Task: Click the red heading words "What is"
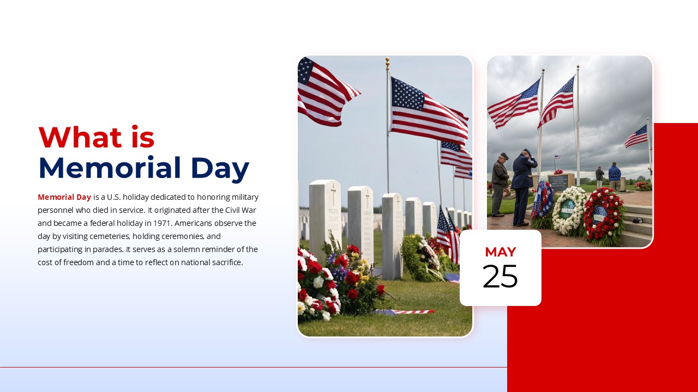pyautogui.click(x=97, y=137)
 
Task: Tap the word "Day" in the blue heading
pyautogui.click(x=220, y=169)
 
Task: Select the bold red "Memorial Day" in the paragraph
pyautogui.click(x=64, y=197)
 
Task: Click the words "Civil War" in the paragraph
pyautogui.click(x=240, y=210)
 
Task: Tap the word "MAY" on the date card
pyautogui.click(x=500, y=252)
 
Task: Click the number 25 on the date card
pyautogui.click(x=500, y=277)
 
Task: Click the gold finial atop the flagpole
pyautogui.click(x=388, y=62)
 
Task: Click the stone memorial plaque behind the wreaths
pyautogui.click(x=561, y=181)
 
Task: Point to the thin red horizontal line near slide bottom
pyautogui.click(x=254, y=367)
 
